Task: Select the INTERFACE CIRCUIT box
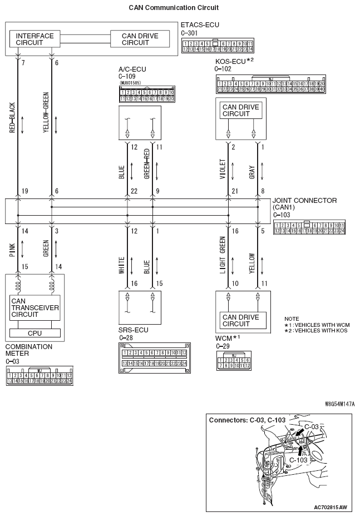(x=35, y=39)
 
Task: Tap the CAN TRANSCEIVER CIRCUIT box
(x=35, y=307)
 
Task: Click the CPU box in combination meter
(x=34, y=333)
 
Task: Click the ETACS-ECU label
(x=200, y=25)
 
